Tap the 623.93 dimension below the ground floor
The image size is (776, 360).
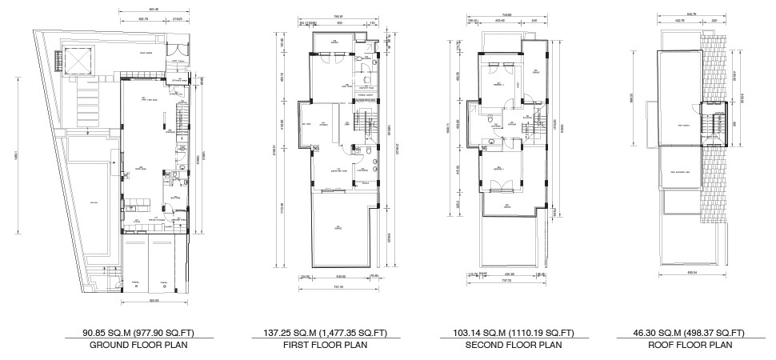pos(154,301)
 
